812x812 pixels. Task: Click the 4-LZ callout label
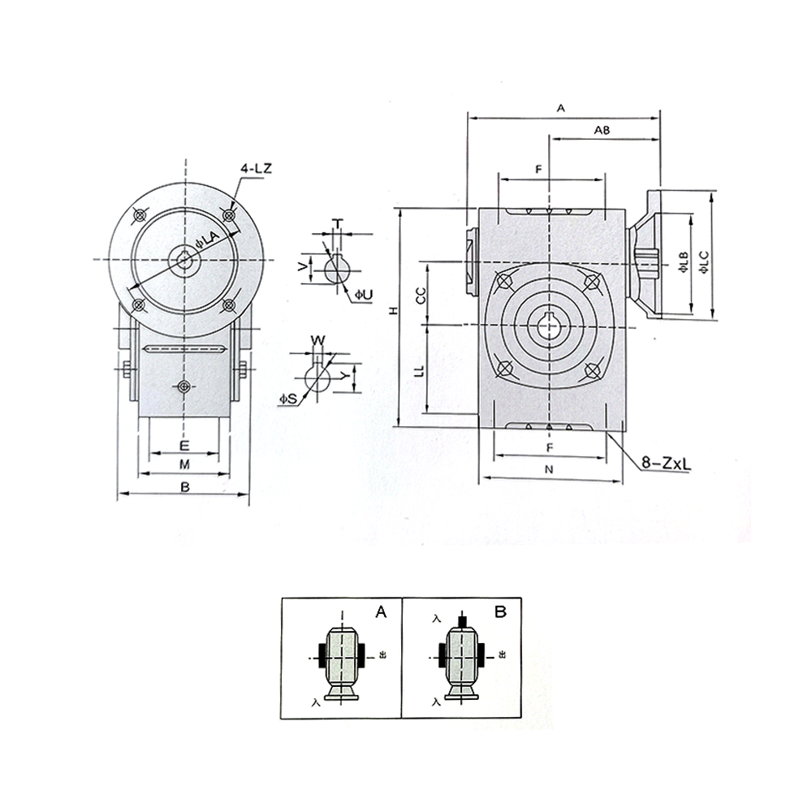point(256,169)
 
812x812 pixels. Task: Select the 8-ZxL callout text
point(666,463)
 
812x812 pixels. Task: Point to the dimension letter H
point(394,311)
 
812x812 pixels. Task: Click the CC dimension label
point(421,296)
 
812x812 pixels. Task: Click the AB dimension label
point(602,131)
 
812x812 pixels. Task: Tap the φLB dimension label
point(683,262)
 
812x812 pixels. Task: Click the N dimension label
point(550,469)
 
